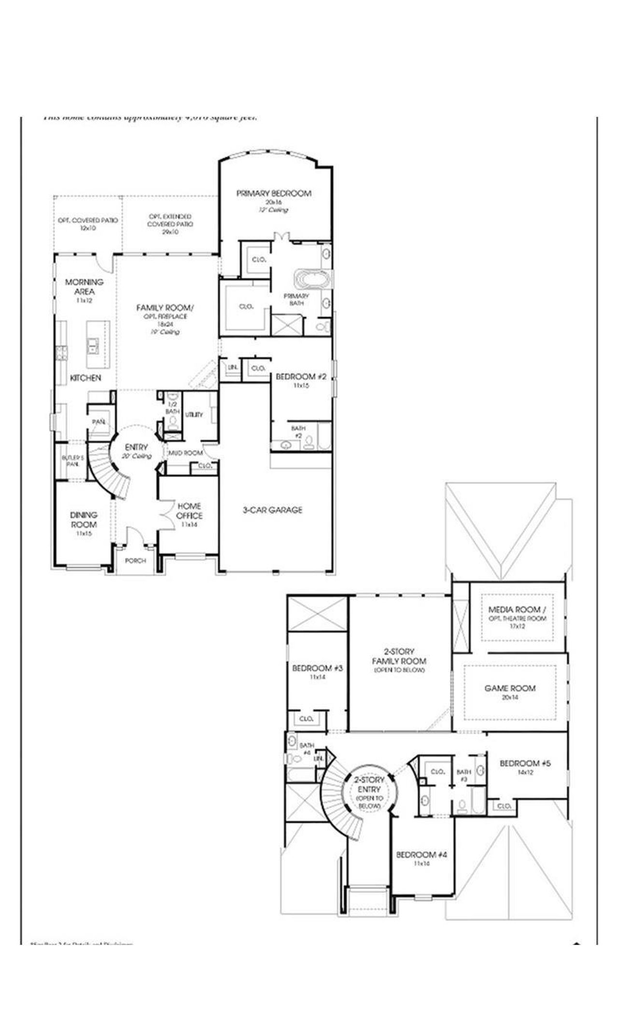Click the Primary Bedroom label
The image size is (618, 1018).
pos(274,193)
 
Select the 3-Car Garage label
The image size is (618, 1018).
pos(272,509)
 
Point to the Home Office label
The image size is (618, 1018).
pos(189,510)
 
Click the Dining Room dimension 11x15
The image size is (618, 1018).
pos(84,534)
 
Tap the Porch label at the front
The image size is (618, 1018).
pos(135,560)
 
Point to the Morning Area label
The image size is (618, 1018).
pos(84,286)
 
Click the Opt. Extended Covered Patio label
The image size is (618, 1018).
pos(170,220)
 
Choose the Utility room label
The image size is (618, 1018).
pos(194,414)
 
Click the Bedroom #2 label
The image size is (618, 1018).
pos(301,376)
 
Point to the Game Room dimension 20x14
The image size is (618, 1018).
pos(510,697)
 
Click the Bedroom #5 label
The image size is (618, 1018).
pos(525,763)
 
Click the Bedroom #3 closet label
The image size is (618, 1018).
pos(306,719)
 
